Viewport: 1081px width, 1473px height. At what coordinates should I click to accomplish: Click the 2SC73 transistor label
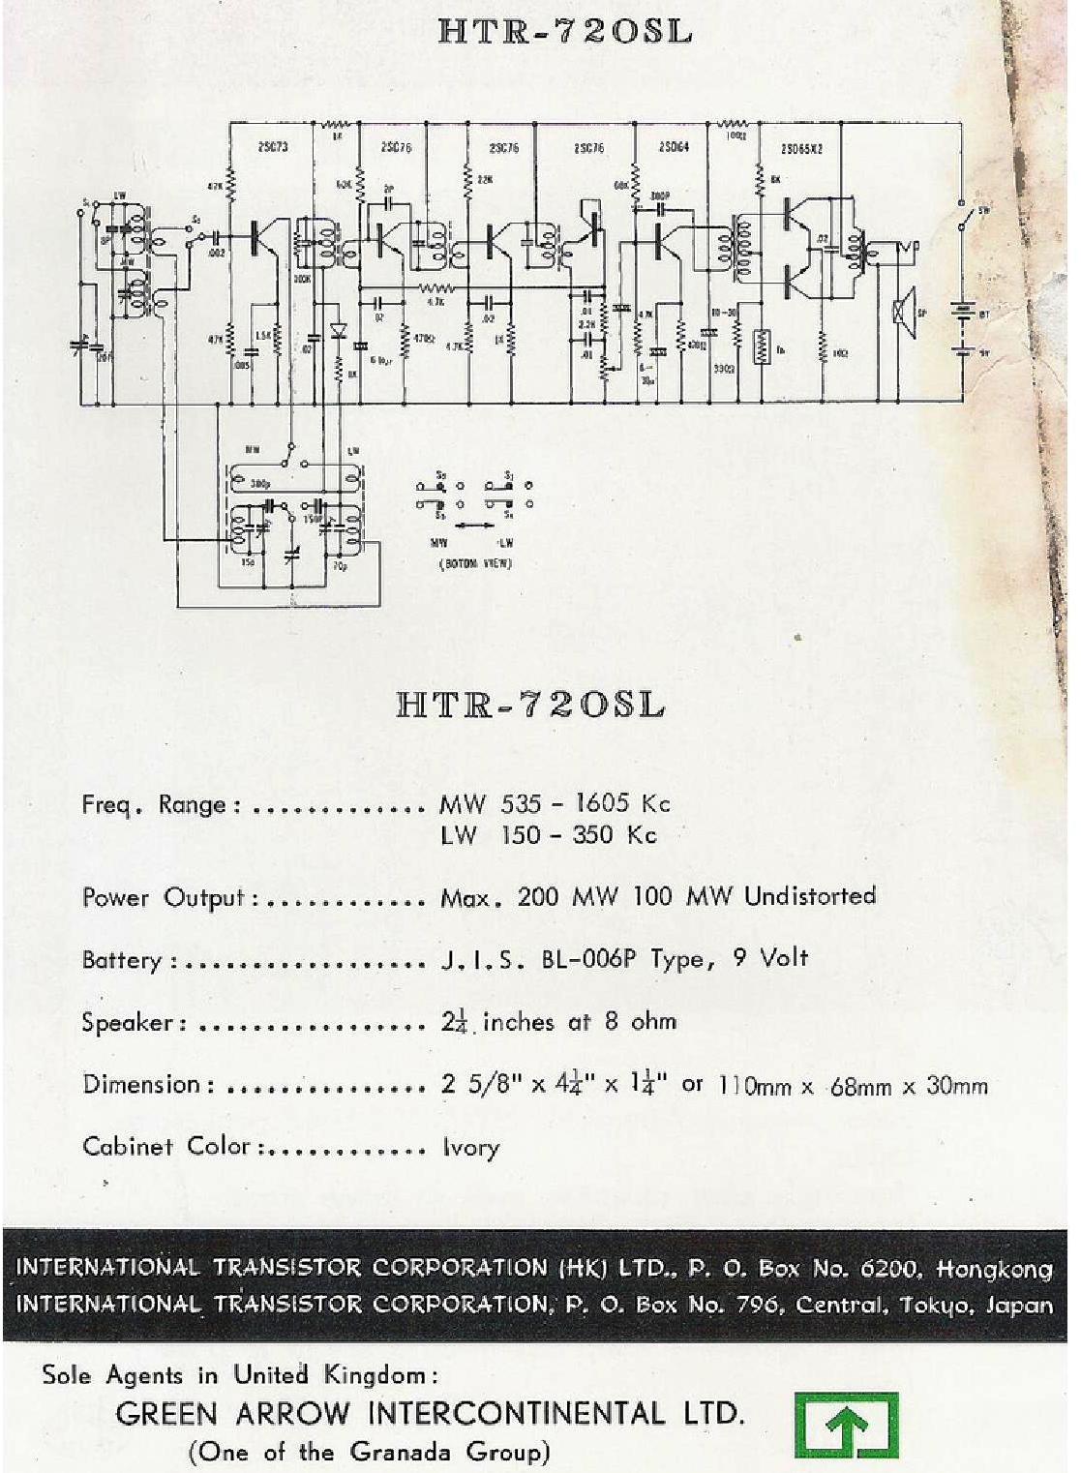[274, 147]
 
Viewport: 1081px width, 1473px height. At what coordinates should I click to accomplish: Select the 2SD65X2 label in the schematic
[801, 149]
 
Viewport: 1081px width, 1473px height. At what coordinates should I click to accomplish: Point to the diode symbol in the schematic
[338, 330]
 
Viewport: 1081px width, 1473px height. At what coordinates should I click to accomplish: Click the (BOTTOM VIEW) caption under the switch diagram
[476, 563]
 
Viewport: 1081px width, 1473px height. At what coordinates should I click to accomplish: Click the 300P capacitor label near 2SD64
[661, 195]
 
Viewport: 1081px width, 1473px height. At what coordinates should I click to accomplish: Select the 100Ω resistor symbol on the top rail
[734, 124]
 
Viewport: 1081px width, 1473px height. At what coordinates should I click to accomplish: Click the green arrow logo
[846, 1425]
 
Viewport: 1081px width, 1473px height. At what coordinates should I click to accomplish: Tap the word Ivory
[471, 1148]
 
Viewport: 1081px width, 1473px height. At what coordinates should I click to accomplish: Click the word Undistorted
[810, 896]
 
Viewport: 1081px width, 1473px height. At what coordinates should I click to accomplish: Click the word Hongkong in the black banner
[994, 1268]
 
